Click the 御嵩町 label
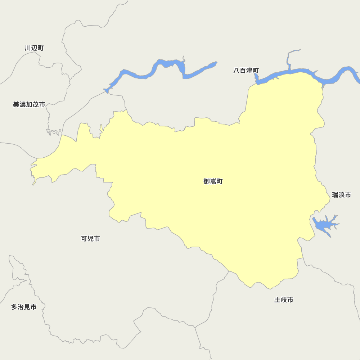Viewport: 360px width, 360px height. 213,181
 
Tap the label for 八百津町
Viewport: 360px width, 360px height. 246,71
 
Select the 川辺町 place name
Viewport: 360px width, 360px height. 34,48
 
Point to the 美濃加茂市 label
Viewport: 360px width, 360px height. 29,104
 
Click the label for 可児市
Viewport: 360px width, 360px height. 91,238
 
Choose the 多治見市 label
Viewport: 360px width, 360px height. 24,307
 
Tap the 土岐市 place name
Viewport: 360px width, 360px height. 284,300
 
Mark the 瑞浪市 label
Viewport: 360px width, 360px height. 341,195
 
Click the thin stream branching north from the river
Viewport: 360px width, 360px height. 289,58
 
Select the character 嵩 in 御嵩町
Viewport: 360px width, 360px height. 213,181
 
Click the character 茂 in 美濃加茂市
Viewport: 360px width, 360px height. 36,104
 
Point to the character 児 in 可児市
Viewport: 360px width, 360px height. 91,238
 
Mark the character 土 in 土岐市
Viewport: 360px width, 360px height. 278,300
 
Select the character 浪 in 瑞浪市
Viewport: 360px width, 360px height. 341,195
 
